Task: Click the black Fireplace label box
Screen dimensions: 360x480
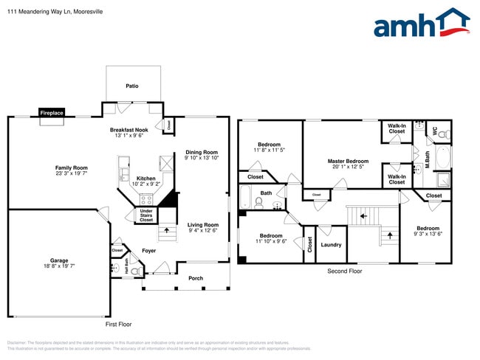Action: tap(52, 113)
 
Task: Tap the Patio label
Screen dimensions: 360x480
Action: tap(131, 86)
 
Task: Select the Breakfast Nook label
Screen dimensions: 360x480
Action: tap(129, 129)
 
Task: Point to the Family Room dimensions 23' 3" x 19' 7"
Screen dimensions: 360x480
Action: tap(71, 173)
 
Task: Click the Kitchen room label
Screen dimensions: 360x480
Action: tap(146, 179)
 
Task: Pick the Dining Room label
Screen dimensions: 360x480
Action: tap(201, 152)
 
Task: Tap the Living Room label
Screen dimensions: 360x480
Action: tap(202, 225)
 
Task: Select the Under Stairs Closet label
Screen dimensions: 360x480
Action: tap(146, 215)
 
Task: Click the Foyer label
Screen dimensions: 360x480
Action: tap(148, 251)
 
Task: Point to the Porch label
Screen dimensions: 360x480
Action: tap(196, 278)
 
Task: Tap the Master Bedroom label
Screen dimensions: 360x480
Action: tap(348, 161)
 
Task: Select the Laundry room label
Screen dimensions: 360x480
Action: tap(331, 245)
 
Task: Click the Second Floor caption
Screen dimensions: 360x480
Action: tap(345, 271)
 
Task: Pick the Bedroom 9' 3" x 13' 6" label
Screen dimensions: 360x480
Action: tap(428, 228)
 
